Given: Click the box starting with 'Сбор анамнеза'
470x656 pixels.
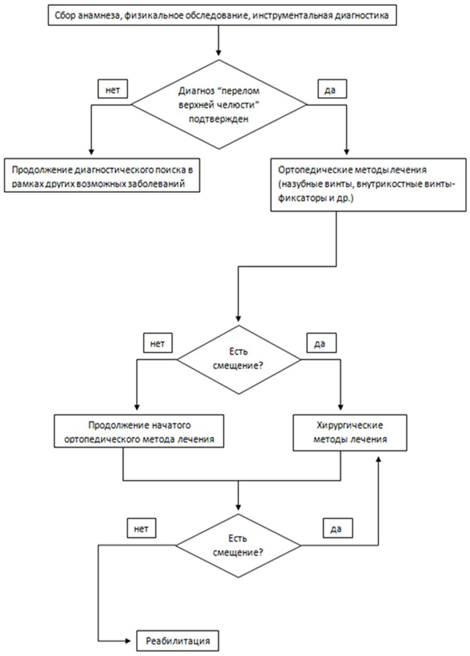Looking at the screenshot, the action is pyautogui.click(x=222, y=15).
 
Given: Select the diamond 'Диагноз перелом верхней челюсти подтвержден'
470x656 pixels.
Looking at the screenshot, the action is pyautogui.click(x=219, y=105).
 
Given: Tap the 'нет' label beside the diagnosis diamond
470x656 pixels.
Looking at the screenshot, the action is pyautogui.click(x=113, y=89).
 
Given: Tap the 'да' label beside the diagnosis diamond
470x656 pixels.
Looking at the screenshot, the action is pyautogui.click(x=332, y=89).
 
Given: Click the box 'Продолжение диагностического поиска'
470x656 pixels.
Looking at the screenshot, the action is pyautogui.click(x=102, y=175).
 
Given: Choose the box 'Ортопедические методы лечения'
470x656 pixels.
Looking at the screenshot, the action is pyautogui.click(x=368, y=185).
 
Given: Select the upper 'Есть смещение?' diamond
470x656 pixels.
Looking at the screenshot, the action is pyautogui.click(x=238, y=360).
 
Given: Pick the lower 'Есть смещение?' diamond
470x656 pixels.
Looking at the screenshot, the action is pyautogui.click(x=238, y=546).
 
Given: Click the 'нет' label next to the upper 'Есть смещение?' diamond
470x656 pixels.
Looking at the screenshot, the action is pyautogui.click(x=158, y=343).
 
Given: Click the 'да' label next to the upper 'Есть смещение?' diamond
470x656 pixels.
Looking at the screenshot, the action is pyautogui.click(x=321, y=343).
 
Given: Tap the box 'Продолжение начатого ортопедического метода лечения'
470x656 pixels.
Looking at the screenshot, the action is pyautogui.click(x=139, y=431).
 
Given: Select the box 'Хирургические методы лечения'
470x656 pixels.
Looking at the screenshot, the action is pyautogui.click(x=350, y=432).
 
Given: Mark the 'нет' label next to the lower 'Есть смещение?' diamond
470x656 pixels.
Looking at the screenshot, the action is pyautogui.click(x=141, y=528).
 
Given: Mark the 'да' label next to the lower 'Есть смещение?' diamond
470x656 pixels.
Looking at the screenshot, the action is pyautogui.click(x=338, y=528).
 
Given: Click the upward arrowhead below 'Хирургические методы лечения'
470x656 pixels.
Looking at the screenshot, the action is pyautogui.click(x=378, y=459).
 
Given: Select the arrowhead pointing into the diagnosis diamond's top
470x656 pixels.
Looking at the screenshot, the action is pyautogui.click(x=218, y=53).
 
